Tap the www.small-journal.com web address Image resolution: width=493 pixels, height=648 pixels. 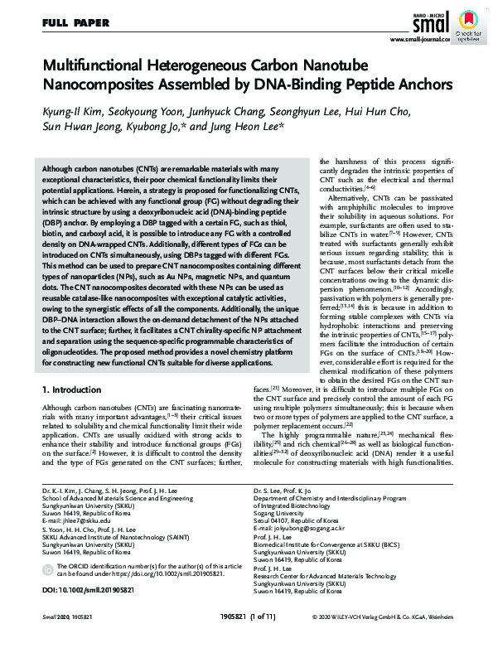pos(419,38)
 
